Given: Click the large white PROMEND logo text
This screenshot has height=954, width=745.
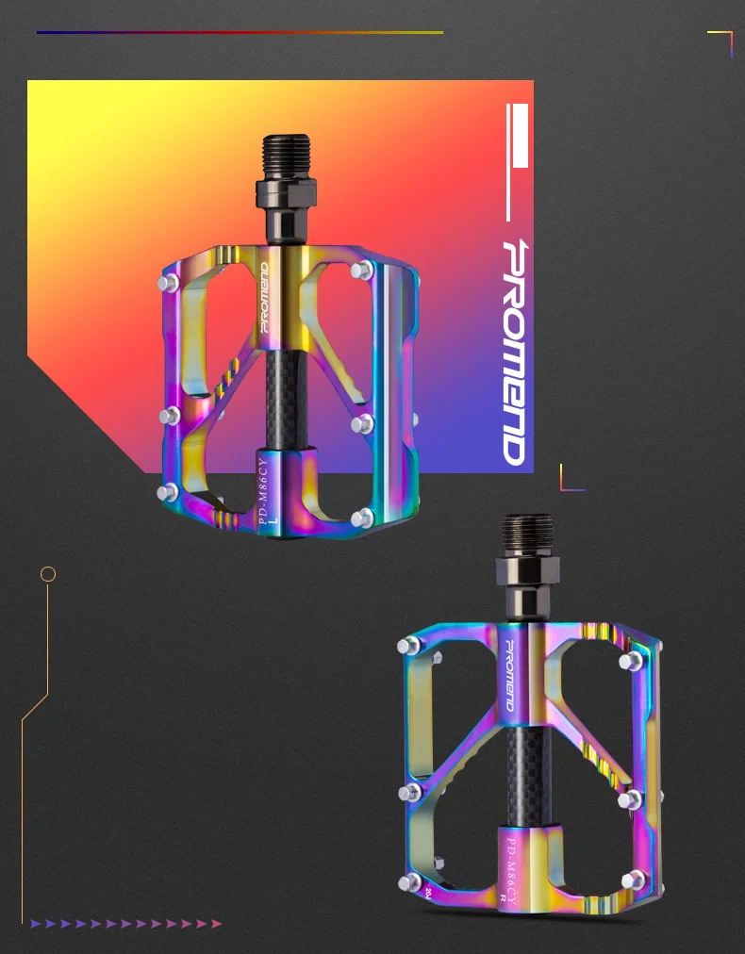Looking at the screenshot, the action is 514,353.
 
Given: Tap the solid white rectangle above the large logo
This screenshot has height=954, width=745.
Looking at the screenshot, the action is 521,135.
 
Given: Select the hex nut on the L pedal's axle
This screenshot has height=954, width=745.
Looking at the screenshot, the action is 286,192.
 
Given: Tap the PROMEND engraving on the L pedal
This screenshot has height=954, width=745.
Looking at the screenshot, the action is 264,297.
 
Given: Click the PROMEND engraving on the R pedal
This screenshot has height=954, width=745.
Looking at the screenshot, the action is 509,675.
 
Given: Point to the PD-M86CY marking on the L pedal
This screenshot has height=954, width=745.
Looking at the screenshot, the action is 263,491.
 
